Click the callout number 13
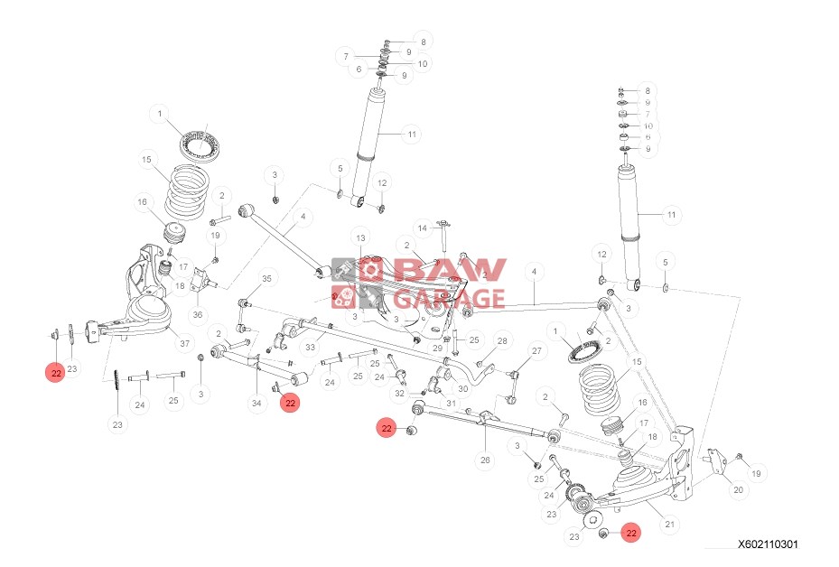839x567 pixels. point(359,237)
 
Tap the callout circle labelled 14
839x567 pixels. point(422,228)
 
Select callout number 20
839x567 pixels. point(738,490)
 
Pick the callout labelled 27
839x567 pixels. point(536,350)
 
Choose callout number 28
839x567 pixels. point(502,340)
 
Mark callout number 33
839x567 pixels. point(309,347)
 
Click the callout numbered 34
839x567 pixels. point(256,403)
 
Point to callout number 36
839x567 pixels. point(198,314)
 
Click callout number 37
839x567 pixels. point(185,343)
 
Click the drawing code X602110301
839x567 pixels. point(767,544)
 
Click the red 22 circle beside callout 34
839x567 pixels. point(291,404)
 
